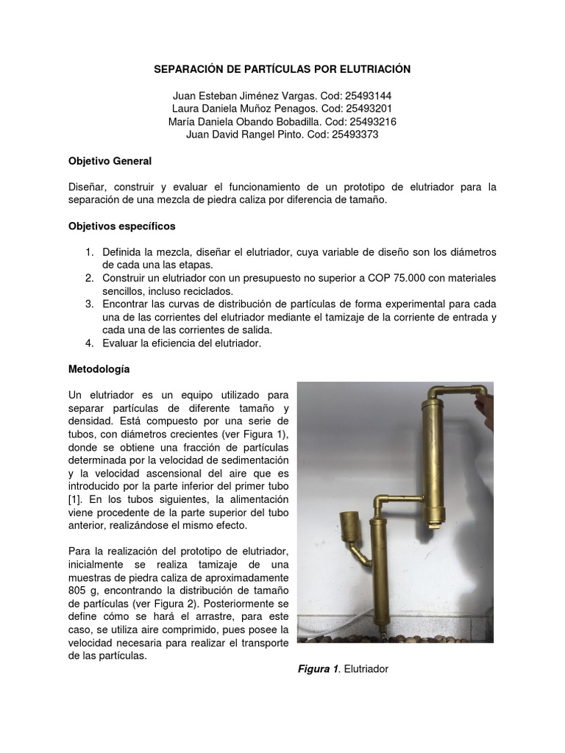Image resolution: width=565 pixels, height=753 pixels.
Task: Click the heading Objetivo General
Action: tap(110, 160)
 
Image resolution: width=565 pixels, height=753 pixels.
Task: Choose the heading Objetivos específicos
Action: tap(121, 226)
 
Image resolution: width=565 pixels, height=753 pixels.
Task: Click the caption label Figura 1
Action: tap(318, 668)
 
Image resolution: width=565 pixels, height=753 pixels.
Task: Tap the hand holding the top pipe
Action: tap(484, 401)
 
